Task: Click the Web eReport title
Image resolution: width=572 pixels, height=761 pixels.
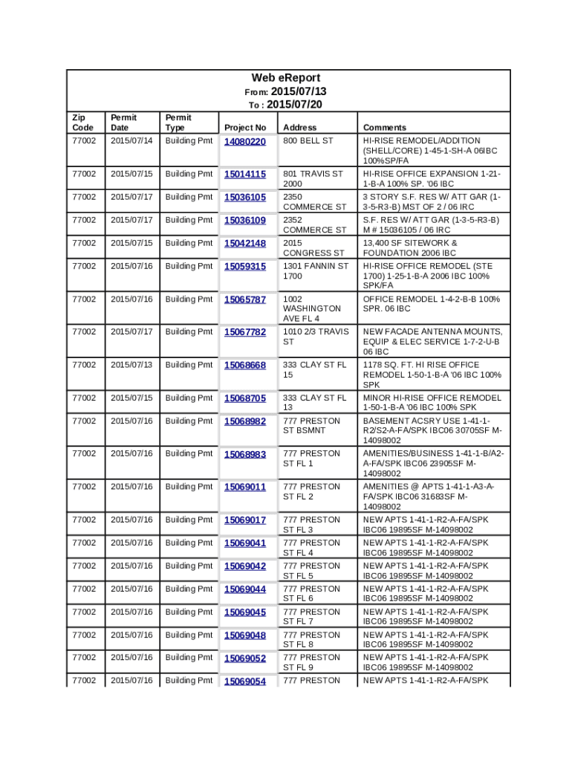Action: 286,78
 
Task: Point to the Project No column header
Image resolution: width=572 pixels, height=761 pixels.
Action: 244,128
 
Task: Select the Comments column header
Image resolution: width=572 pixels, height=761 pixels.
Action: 384,128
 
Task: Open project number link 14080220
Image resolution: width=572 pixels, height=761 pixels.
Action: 244,141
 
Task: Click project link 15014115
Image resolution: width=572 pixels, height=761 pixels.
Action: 244,175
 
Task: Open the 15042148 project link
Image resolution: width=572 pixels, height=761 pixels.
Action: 244,244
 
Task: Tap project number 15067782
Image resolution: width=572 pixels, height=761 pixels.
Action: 244,332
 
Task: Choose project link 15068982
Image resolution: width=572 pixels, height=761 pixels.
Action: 244,421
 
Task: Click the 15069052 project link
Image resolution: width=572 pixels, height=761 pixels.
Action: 244,658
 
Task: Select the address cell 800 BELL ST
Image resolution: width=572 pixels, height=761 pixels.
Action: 308,140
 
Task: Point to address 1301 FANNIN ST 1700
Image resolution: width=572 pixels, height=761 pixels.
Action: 315,271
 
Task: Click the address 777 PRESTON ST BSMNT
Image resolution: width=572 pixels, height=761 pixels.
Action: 311,426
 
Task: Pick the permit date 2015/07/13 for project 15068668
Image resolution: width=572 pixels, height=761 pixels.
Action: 131,365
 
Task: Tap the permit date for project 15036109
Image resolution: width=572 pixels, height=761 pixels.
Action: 131,220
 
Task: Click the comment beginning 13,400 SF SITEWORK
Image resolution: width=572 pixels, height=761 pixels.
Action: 409,247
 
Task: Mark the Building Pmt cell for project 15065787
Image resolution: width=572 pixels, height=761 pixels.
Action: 189,299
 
